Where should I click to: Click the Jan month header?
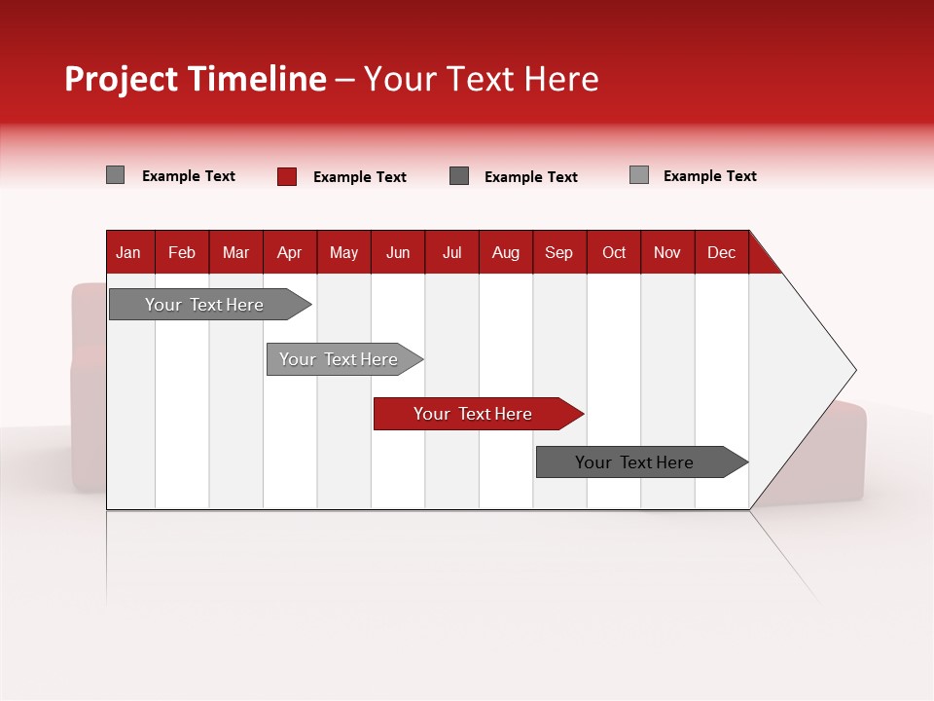[129, 252]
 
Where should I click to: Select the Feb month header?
[182, 252]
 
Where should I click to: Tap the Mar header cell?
[235, 252]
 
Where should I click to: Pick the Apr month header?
[290, 252]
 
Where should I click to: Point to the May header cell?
[343, 252]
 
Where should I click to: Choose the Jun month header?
[398, 252]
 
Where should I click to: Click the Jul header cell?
[451, 252]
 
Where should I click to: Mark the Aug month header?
[506, 252]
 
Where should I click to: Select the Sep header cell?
[559, 252]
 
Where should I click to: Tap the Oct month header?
[614, 252]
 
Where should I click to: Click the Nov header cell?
[667, 252]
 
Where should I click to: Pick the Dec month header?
[722, 252]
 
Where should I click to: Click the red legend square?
[287, 176]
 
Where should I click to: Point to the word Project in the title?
[121, 79]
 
